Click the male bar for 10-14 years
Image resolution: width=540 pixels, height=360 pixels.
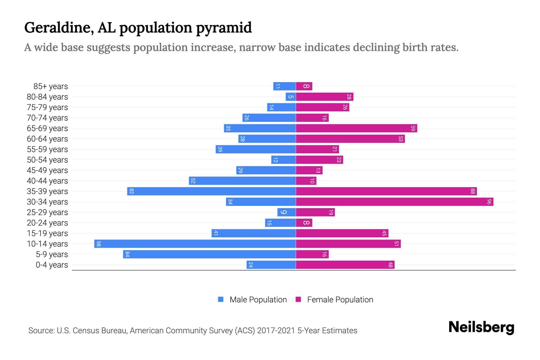point(195,244)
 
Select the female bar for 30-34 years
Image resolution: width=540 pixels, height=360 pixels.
point(394,202)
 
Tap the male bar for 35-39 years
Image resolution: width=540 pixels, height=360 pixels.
point(211,191)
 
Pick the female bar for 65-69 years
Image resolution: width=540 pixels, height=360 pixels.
point(356,128)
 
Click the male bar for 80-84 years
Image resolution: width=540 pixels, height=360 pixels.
point(291,97)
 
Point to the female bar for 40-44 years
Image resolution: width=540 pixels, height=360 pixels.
point(306,181)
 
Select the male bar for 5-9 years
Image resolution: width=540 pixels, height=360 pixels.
point(209,254)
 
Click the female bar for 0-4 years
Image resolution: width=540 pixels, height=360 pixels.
point(345,265)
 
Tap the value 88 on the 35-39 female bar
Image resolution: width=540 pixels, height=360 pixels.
point(472,191)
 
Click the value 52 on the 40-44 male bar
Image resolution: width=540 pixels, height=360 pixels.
point(193,181)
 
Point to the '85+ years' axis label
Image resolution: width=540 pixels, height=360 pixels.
point(50,86)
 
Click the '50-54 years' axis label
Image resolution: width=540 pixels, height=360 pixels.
point(47,160)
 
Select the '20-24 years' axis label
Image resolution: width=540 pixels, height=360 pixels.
point(47,223)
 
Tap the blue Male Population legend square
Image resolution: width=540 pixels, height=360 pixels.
point(221,299)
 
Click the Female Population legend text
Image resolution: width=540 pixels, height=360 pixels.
point(340,299)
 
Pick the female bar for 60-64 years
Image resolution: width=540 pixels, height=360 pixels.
point(350,139)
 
